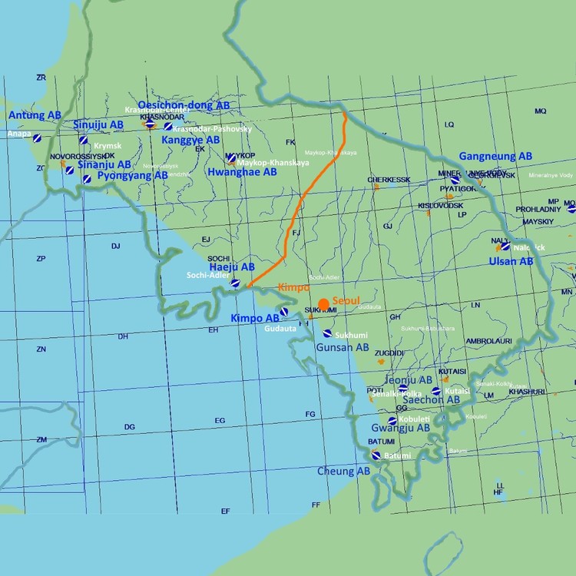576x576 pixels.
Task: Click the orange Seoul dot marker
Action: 324,304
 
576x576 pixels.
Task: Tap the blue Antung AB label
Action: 35,115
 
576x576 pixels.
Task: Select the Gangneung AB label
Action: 495,156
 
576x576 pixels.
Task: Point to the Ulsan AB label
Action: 511,261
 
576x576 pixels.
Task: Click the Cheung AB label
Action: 343,471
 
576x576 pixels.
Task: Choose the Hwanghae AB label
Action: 242,173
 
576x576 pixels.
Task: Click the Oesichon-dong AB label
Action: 183,105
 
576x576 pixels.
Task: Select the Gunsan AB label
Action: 343,347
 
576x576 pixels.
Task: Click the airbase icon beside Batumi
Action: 376,455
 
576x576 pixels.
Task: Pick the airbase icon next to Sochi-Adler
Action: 236,284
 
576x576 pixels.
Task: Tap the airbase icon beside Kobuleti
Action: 392,421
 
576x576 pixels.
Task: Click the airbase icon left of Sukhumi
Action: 328,334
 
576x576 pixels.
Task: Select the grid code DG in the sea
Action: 129,427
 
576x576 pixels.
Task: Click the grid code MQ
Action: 540,111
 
